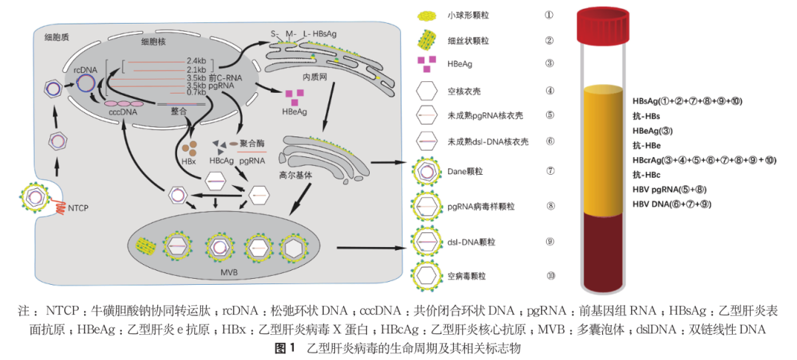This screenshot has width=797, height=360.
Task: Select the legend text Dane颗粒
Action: pos(463,171)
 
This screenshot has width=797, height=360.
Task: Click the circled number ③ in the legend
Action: pos(550,63)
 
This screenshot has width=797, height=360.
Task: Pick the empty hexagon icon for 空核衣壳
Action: pos(425,91)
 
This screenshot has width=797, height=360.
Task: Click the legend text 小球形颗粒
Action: pos(469,15)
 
